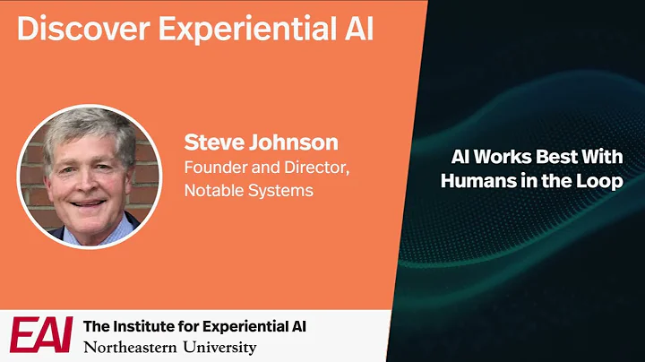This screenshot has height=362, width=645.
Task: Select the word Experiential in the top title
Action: coord(232,30)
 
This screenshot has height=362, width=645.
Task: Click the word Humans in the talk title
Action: coord(473,180)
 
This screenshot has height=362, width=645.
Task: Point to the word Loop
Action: coord(602,180)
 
